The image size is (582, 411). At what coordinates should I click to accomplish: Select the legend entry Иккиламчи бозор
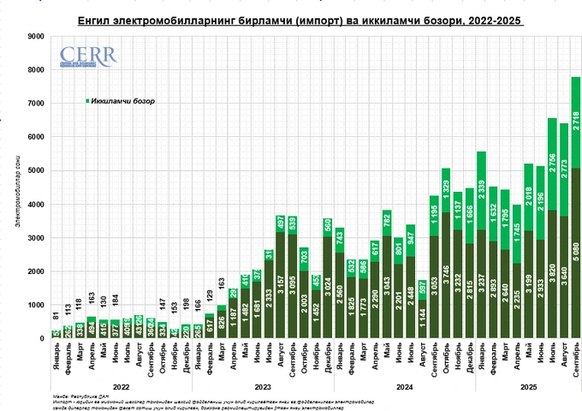[119, 100]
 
